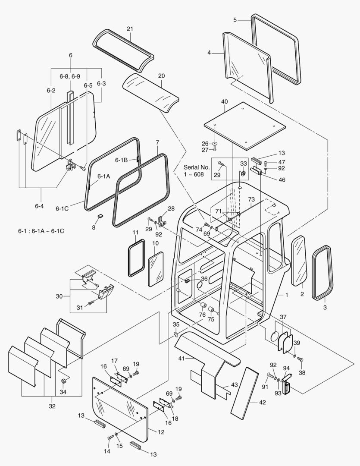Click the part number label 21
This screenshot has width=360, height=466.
click(129, 28)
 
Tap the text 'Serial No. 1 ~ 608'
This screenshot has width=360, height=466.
click(196, 170)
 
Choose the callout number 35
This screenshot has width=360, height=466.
click(176, 324)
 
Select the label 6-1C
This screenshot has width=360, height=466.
click(62, 208)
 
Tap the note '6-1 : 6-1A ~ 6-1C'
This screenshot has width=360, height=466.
click(41, 231)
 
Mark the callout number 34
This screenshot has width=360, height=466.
click(63, 392)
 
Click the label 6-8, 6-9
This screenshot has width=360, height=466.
click(69, 76)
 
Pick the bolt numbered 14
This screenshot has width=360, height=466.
click(110, 438)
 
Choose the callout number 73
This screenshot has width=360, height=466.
click(251, 200)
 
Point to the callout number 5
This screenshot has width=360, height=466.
click(235, 20)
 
